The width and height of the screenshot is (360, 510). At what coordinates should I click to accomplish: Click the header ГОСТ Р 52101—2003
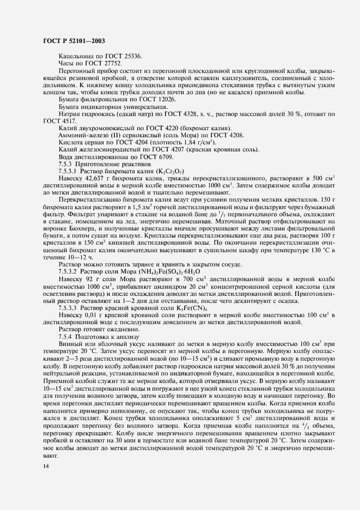pos(74,41)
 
